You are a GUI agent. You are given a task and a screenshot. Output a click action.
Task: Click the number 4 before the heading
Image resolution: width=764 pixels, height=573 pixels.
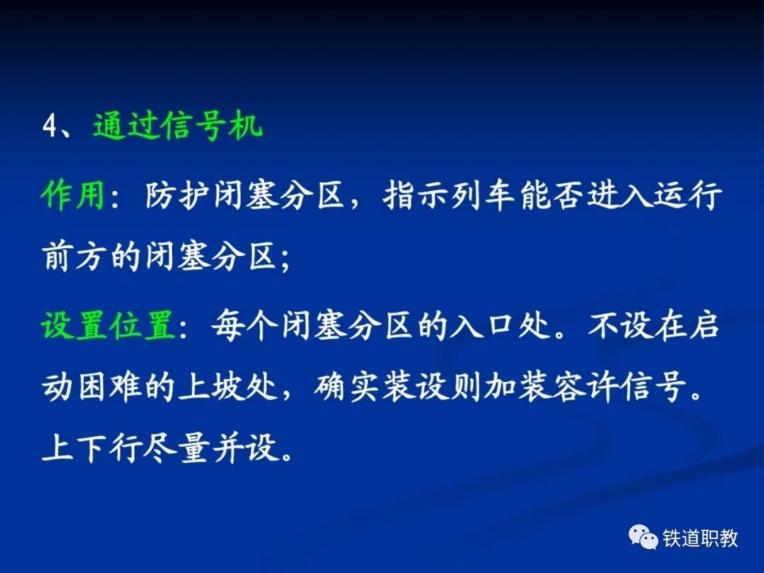(x=51, y=127)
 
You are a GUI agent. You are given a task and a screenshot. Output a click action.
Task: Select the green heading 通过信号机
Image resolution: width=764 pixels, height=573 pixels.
(x=178, y=126)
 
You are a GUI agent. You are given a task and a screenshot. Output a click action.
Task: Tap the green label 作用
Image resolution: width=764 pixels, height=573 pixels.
(x=73, y=196)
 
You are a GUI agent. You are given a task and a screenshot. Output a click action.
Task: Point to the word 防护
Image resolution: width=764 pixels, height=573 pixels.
(x=177, y=196)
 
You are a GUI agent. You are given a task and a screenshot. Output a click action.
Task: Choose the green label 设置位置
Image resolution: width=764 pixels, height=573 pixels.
(x=108, y=325)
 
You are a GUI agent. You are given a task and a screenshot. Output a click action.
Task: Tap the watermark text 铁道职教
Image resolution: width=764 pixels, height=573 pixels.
(x=700, y=538)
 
